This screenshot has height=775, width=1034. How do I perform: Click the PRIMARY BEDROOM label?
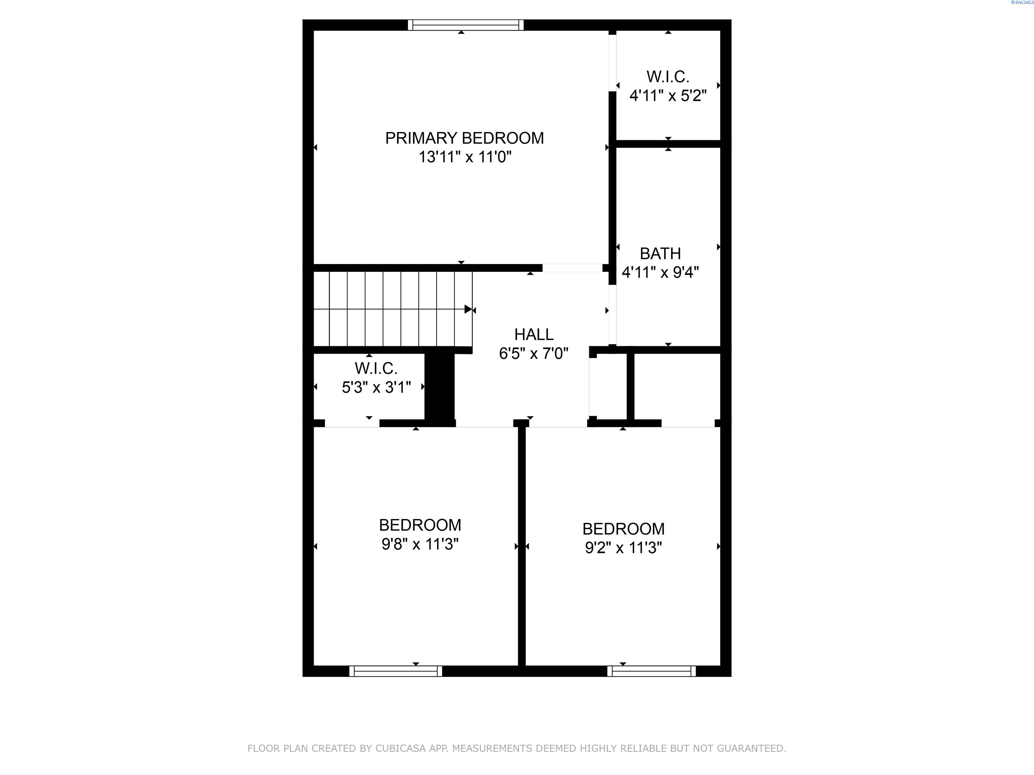tap(464, 138)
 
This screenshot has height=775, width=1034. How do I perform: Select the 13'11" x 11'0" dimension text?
tap(464, 157)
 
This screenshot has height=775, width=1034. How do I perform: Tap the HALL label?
tap(533, 334)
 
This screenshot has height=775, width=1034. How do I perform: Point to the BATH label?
tap(660, 254)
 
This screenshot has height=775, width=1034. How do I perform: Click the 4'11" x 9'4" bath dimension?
tap(660, 272)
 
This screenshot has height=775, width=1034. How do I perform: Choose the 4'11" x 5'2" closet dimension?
tap(667, 96)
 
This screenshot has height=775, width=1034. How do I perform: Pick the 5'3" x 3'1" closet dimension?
tap(376, 387)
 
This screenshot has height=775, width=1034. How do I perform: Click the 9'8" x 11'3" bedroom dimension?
tap(420, 544)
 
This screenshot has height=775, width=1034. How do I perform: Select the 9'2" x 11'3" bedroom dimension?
tap(623, 548)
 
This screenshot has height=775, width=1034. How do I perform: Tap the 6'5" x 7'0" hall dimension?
tap(533, 354)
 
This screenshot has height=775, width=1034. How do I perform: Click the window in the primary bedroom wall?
tap(466, 25)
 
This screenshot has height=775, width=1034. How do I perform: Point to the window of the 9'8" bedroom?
tap(395, 671)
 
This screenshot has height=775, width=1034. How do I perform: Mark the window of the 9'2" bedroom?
tap(652, 671)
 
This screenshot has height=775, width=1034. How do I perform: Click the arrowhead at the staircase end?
tap(468, 309)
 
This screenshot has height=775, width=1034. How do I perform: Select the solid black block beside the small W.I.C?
tap(439, 388)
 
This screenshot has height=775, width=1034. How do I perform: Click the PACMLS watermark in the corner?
tap(1022, 2)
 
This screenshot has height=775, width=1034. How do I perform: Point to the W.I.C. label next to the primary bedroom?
tap(667, 77)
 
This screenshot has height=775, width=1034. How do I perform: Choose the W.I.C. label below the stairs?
tap(376, 369)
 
